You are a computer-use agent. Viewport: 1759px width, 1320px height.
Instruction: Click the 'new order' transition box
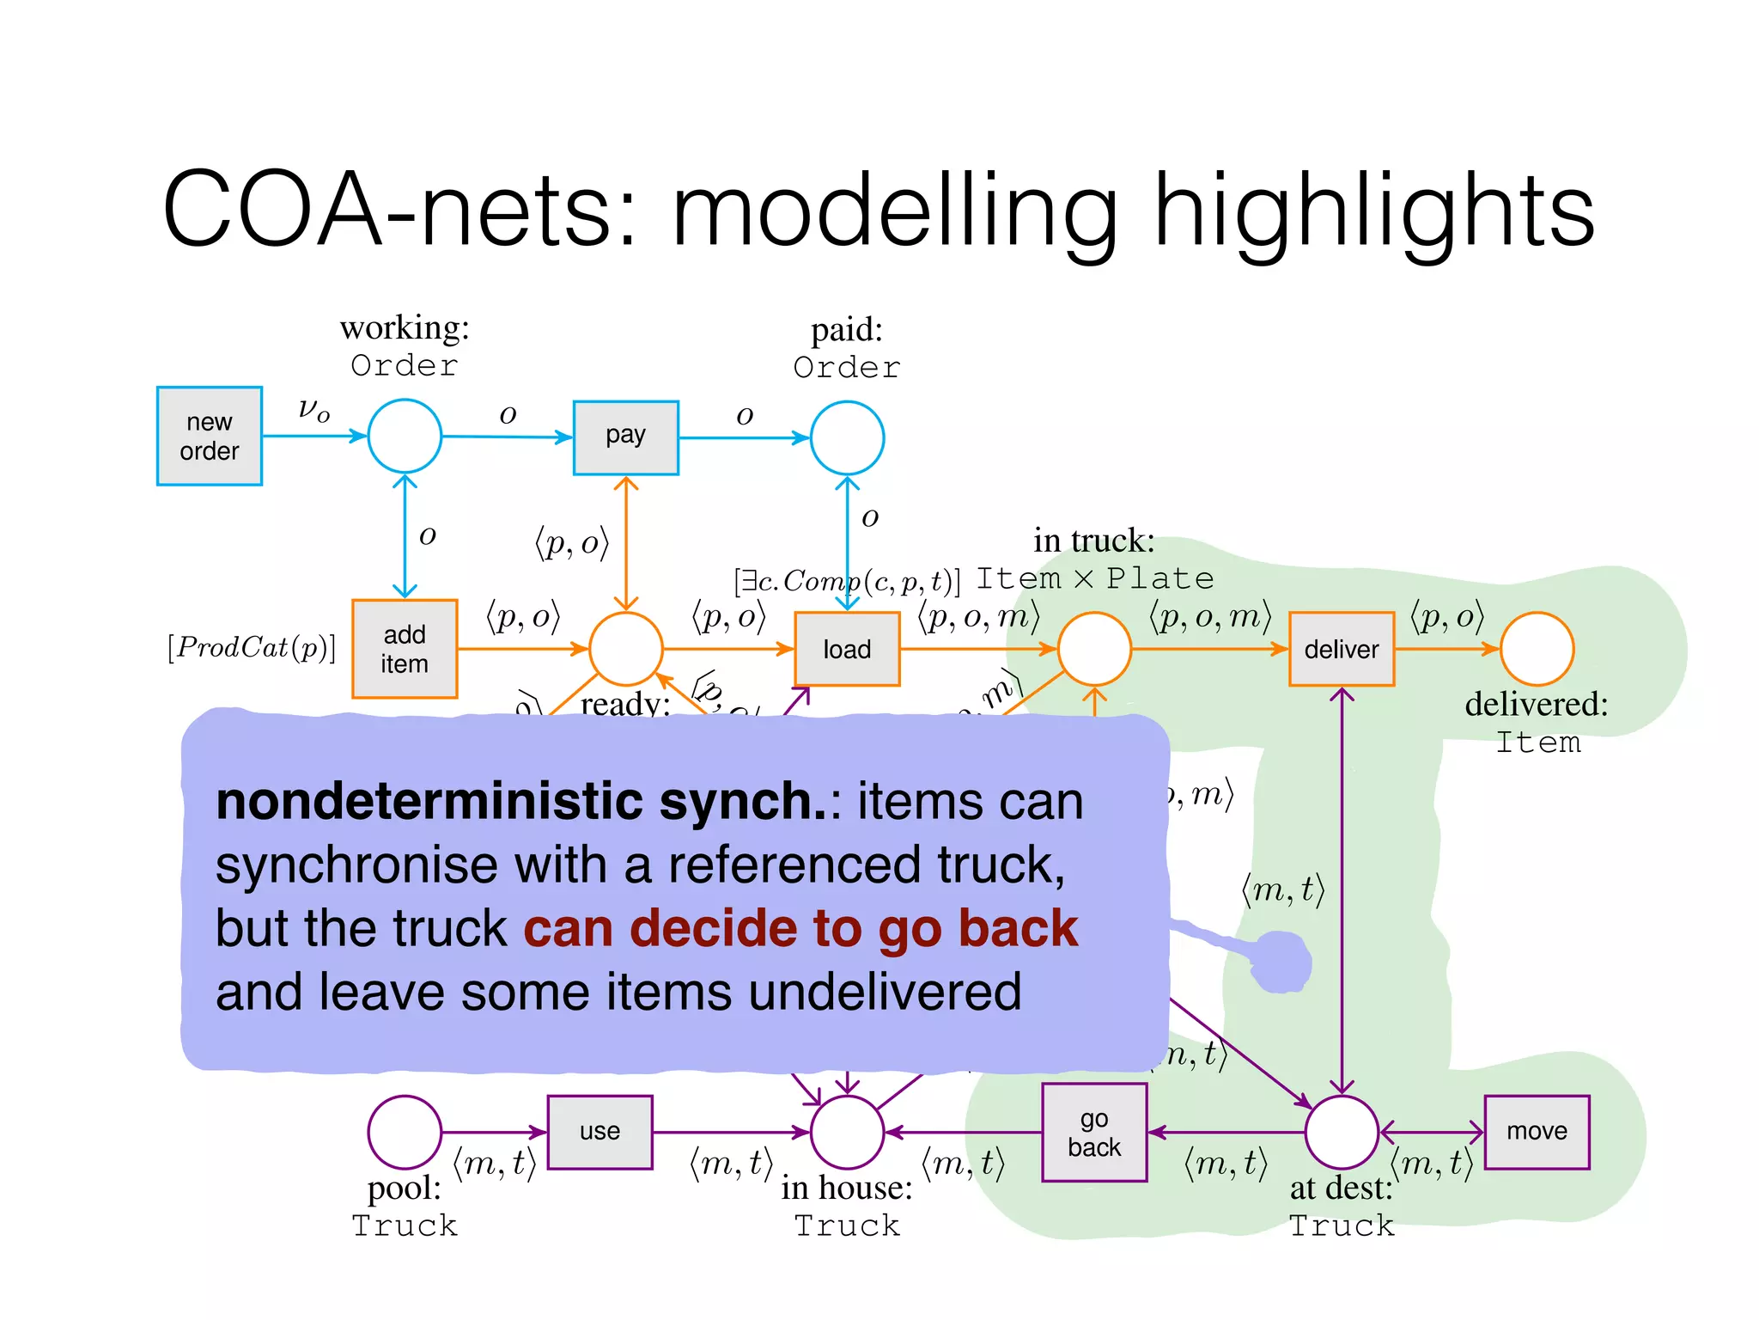click(x=209, y=436)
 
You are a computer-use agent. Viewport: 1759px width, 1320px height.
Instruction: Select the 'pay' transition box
click(x=625, y=437)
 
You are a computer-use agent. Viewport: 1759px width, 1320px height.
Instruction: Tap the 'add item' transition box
click(x=404, y=649)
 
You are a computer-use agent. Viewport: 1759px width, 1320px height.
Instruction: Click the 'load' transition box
click(x=847, y=649)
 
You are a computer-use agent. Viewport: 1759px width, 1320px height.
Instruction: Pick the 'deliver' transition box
click(x=1341, y=649)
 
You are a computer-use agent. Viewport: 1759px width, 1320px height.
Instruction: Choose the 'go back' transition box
click(x=1093, y=1132)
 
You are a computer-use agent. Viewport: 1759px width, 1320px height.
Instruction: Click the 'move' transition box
click(x=1537, y=1132)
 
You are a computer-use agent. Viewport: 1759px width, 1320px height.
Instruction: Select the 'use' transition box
click(x=600, y=1132)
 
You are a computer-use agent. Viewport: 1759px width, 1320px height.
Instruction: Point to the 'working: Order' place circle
click(x=405, y=436)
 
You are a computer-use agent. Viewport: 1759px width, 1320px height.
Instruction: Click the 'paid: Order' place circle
click(x=847, y=437)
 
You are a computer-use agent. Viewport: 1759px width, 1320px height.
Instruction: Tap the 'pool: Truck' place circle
click(x=405, y=1132)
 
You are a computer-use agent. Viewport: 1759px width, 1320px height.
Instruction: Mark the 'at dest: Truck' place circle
click(x=1341, y=1132)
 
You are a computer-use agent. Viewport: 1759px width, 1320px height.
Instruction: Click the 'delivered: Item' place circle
click(x=1537, y=649)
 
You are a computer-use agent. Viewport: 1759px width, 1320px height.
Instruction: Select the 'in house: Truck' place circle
click(x=847, y=1132)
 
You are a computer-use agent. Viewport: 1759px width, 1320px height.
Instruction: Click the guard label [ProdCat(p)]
click(x=252, y=647)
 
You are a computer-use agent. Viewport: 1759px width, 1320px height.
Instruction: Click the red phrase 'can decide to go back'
click(x=800, y=929)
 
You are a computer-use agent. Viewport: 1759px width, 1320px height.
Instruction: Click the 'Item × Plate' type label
click(x=1095, y=578)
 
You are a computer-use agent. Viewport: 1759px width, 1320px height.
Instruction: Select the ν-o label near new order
click(x=313, y=409)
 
